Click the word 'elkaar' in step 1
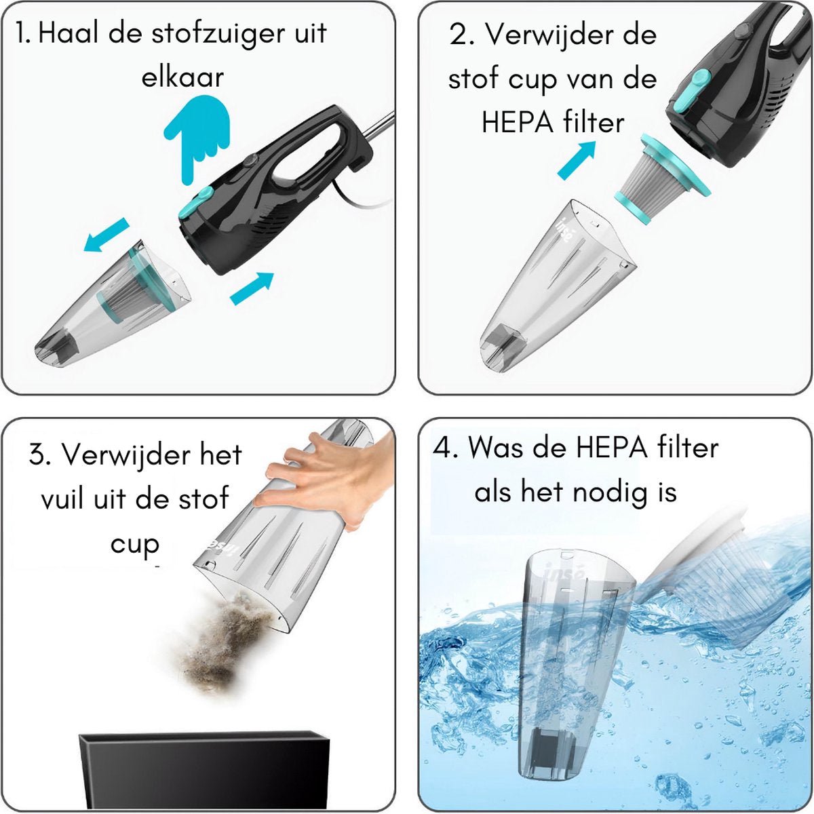pyautogui.click(x=182, y=77)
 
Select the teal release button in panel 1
pyautogui.click(x=195, y=203)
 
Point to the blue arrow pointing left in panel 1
pyautogui.click(x=106, y=235)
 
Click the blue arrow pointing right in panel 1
pyautogui.click(x=252, y=288)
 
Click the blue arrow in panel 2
pyautogui.click(x=576, y=159)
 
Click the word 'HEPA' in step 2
pyautogui.click(x=518, y=123)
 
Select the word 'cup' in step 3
pyautogui.click(x=135, y=545)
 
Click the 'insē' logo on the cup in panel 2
pyautogui.click(x=566, y=231)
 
